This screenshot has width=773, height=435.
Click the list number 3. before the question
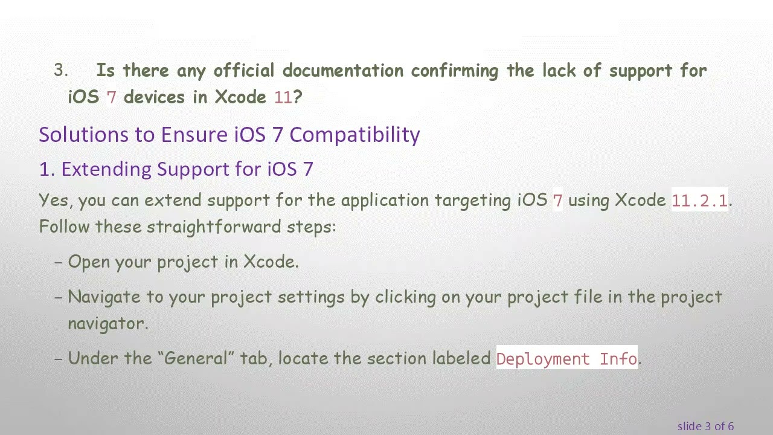(x=61, y=71)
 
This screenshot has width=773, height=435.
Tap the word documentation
(x=343, y=71)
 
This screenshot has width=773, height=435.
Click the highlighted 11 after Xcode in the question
(x=283, y=98)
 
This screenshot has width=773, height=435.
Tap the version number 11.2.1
(x=699, y=201)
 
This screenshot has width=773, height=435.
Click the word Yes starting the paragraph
(x=53, y=201)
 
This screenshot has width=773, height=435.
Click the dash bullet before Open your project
(x=59, y=263)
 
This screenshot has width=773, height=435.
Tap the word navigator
(x=107, y=324)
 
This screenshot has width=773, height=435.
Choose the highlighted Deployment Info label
(x=566, y=359)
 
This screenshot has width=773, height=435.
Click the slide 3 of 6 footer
(x=705, y=427)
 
